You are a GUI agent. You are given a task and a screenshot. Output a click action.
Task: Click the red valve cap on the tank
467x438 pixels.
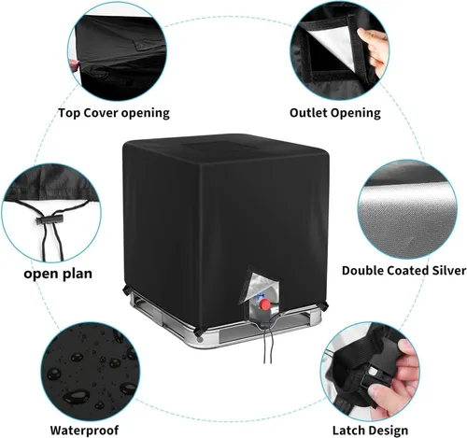pyautogui.click(x=264, y=304)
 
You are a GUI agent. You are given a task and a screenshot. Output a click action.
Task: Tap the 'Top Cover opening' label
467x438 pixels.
pyautogui.click(x=114, y=113)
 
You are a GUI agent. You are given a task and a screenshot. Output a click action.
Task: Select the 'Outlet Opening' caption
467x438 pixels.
pyautogui.click(x=335, y=113)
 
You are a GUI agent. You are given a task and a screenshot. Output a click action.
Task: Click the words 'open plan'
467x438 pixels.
pyautogui.click(x=58, y=274)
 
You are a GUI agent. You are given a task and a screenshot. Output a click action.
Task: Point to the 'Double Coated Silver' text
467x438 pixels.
pyautogui.click(x=403, y=270)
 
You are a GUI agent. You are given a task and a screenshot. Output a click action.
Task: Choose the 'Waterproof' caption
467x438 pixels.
pyautogui.click(x=84, y=431)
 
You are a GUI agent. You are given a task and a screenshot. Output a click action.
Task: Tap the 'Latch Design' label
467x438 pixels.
pyautogui.click(x=370, y=431)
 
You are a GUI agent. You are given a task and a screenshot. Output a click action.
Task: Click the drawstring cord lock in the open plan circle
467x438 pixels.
pyautogui.click(x=50, y=220)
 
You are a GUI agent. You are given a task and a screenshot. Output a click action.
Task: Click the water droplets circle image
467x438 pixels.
pyautogui.click(x=91, y=371)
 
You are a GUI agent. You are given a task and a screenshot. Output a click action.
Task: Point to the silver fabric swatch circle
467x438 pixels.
pyautogui.click(x=407, y=209)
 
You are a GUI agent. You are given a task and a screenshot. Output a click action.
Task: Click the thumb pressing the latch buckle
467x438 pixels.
pyautogui.click(x=385, y=392)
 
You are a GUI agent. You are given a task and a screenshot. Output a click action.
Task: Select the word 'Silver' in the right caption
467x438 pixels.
pyautogui.click(x=449, y=270)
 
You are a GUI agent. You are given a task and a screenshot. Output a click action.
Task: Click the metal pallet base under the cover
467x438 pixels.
pyautogui.click(x=224, y=327)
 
